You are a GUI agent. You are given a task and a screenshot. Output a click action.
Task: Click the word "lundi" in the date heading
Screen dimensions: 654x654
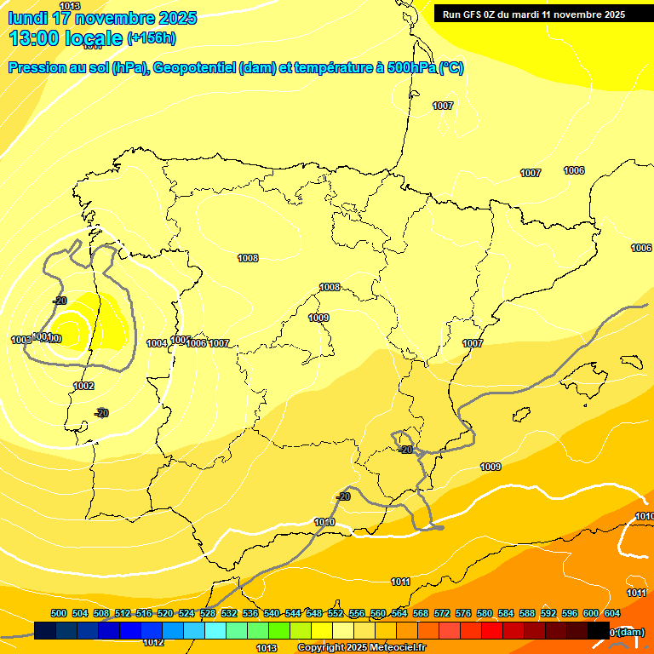click(27, 18)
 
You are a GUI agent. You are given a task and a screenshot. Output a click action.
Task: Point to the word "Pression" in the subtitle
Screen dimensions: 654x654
click(34, 68)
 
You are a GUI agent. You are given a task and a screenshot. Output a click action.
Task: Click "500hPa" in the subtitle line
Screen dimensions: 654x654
click(410, 68)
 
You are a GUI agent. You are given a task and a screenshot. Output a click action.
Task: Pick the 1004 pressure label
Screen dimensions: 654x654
click(157, 343)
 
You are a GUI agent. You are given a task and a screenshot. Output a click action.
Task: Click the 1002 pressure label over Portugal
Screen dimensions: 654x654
click(83, 386)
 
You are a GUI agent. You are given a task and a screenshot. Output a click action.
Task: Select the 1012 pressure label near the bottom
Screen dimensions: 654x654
click(153, 642)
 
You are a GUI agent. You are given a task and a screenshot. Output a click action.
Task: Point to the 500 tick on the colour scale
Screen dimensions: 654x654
click(59, 613)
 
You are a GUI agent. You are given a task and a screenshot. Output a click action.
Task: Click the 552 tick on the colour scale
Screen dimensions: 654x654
click(336, 613)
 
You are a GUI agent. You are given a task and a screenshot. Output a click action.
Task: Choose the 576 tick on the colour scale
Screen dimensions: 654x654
click(463, 613)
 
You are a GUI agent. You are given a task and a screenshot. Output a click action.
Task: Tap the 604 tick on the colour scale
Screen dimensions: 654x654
click(611, 613)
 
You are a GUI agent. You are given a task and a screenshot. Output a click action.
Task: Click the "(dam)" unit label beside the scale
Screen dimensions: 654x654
click(630, 631)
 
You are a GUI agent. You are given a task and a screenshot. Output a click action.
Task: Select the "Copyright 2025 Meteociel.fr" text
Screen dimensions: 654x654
click(361, 647)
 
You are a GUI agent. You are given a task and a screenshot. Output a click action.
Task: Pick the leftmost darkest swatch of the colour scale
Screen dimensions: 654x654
click(45, 630)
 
